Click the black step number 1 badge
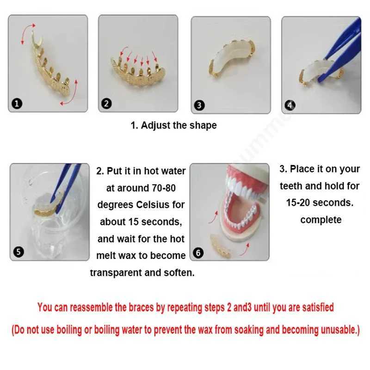pyautogui.click(x=17, y=104)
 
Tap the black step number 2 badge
pyautogui.click(x=106, y=104)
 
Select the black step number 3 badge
pyautogui.click(x=199, y=105)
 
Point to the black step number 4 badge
pyautogui.click(x=290, y=105)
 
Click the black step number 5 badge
pyautogui.click(x=18, y=252)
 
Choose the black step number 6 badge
pyautogui.click(x=198, y=253)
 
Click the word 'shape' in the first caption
pyautogui.click(x=203, y=125)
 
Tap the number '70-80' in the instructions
pyautogui.click(x=164, y=188)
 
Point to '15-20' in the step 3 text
pyautogui.click(x=297, y=203)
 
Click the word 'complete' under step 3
pyautogui.click(x=321, y=220)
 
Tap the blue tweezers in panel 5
pyautogui.click(x=65, y=186)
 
